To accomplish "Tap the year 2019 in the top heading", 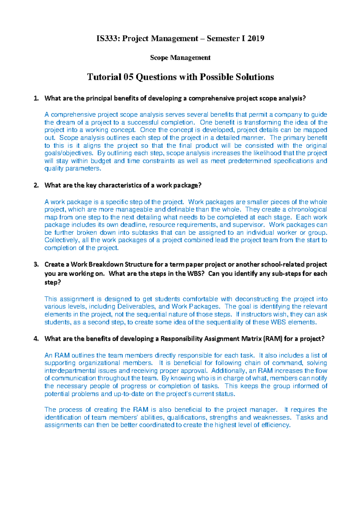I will (256, 39).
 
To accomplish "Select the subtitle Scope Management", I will (180, 58).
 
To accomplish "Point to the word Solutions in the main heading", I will (255, 77).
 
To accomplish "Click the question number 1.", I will (36, 98).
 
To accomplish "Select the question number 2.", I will (36, 185).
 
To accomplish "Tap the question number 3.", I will (36, 265).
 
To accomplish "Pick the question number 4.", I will (36, 339).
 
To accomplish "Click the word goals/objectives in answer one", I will (68, 153).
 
